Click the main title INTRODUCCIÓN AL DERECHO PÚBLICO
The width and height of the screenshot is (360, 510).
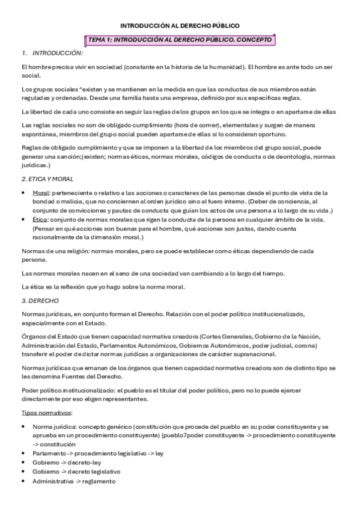[180, 26]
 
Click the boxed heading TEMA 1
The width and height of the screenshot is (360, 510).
[180, 40]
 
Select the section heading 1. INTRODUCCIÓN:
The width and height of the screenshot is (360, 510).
[52, 53]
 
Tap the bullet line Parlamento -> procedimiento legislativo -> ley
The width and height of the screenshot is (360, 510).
[97, 453]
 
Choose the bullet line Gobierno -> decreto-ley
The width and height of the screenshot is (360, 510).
[67, 463]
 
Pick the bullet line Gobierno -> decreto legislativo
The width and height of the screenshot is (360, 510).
[76, 472]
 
